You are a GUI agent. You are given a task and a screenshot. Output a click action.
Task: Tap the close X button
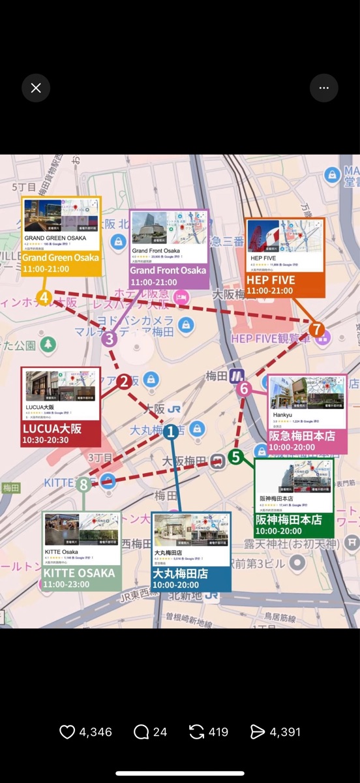point(36,88)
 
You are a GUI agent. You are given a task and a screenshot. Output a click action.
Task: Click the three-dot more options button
point(323,88)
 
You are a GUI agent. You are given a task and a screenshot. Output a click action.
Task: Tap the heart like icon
point(67,732)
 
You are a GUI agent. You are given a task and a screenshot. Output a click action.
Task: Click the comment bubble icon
point(141,732)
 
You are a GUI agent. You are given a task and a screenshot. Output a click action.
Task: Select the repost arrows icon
point(196,732)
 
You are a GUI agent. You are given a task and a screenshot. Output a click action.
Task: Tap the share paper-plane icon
point(258,732)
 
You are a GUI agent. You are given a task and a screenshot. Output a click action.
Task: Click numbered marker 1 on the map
point(171,431)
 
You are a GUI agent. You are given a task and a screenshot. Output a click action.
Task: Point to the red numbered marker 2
point(124,382)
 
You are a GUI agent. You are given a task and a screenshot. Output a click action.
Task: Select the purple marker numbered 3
point(109,339)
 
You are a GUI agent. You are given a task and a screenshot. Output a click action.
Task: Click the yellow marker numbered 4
point(44,298)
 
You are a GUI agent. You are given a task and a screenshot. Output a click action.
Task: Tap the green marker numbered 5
point(235,457)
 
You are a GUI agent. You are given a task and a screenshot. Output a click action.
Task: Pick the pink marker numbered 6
point(245,390)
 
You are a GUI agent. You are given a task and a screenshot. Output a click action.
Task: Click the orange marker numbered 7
point(317,330)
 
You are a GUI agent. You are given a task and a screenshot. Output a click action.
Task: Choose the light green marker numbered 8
point(83,484)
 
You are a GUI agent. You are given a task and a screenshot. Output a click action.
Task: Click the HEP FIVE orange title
point(271,280)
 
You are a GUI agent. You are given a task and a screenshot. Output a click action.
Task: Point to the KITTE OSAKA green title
point(79,573)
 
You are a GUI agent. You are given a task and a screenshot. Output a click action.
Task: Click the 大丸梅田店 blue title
point(180,574)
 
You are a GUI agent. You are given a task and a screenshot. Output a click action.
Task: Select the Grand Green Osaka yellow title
point(61,258)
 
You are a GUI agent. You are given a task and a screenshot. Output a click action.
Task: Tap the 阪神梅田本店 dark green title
point(289,520)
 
